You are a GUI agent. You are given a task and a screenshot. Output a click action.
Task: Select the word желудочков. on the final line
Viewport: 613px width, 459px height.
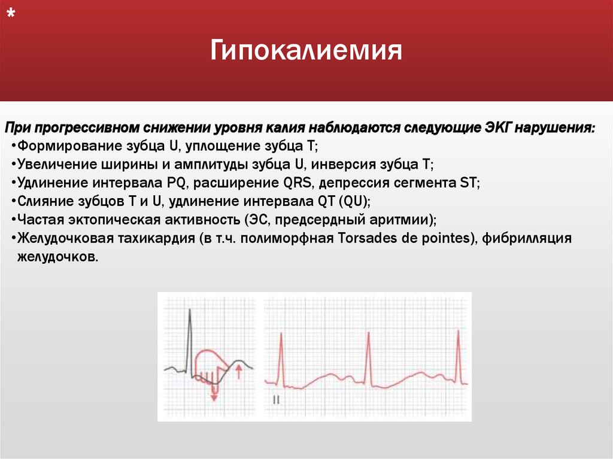pos(54,256)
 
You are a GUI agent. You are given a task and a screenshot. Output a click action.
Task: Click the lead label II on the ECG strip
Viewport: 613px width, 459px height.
pos(276,399)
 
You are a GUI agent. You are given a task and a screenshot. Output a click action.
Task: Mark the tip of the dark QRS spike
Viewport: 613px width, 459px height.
pos(189,309)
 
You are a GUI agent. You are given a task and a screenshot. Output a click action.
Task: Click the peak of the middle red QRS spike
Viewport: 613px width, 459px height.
pos(369,333)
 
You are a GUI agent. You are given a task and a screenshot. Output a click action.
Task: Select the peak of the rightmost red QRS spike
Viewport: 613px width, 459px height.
pos(458,331)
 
